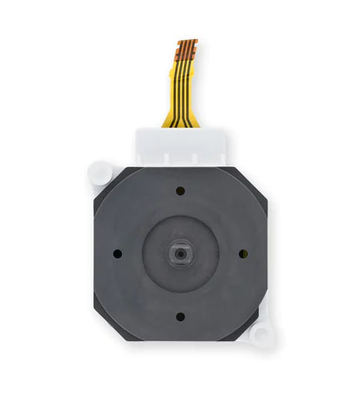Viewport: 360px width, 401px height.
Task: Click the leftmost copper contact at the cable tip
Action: point(179,43)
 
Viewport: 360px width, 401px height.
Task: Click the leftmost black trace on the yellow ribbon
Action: point(174,95)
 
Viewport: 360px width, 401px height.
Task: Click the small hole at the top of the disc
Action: point(180,191)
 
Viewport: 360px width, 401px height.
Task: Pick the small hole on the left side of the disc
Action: point(117,254)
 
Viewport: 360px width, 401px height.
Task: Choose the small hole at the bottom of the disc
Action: point(180,317)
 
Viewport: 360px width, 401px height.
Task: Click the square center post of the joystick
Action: point(180,254)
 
